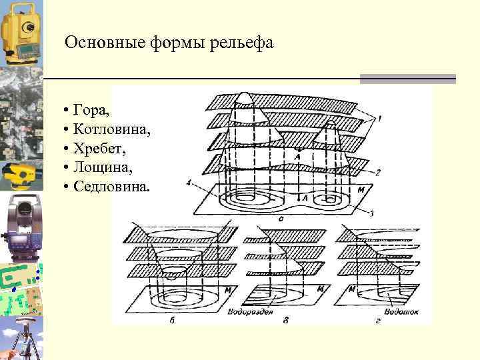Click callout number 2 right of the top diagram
378,172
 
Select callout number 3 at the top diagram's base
371,212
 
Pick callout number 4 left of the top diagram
190,182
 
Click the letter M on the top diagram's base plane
360,191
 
